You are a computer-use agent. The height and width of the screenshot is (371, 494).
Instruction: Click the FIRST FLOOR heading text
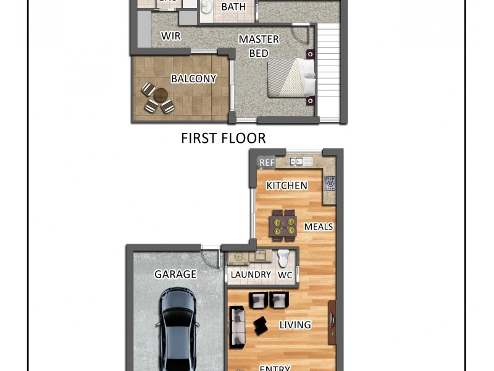pos(223,138)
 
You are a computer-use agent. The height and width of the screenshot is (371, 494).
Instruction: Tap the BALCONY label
pos(193,79)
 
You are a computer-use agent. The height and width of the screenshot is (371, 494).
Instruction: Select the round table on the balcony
pos(161,95)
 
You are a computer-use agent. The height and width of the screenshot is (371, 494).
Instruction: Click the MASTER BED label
pos(259,46)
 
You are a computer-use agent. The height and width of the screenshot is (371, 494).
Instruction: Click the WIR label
pos(170,36)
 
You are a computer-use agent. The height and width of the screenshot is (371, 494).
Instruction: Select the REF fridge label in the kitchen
pos(267,163)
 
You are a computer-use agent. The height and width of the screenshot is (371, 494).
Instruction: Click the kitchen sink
pos(297,162)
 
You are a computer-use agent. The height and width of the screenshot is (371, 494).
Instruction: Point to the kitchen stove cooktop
pos(330,183)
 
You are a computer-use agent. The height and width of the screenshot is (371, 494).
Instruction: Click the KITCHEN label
pos(287,185)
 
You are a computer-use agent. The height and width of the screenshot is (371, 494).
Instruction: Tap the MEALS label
pos(318,227)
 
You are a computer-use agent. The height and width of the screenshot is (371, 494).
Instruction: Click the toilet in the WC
pos(283,257)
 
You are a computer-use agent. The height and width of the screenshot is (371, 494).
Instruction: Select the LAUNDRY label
pos(251,275)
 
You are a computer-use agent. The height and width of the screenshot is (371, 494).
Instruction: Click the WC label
pos(285,275)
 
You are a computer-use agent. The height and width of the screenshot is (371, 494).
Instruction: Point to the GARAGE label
pos(175,274)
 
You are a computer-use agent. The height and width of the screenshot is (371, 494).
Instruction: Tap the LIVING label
pos(295,325)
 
